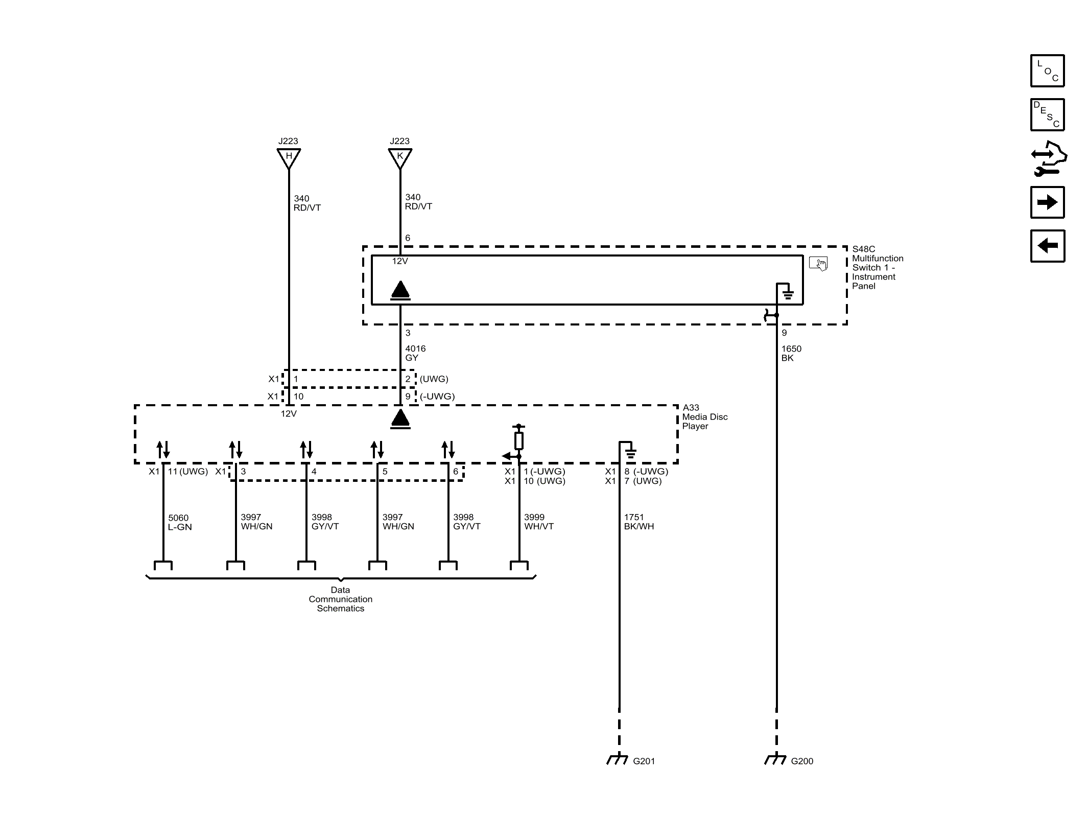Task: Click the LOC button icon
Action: pyautogui.click(x=1047, y=71)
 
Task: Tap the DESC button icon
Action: pyautogui.click(x=1047, y=114)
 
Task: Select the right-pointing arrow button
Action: pyautogui.click(x=1047, y=202)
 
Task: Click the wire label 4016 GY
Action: pyautogui.click(x=415, y=353)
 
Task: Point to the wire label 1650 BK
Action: pyautogui.click(x=791, y=353)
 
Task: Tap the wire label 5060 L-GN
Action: pyautogui.click(x=179, y=522)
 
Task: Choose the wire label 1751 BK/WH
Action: pyautogui.click(x=638, y=522)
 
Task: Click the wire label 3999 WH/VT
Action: pyautogui.click(x=538, y=522)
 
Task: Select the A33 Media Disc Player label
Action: pyautogui.click(x=704, y=416)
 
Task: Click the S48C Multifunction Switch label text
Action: pyautogui.click(x=877, y=267)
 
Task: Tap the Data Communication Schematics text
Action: pyautogui.click(x=340, y=599)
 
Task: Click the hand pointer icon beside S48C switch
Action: pyautogui.click(x=818, y=264)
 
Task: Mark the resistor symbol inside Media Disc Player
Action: pyautogui.click(x=518, y=440)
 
